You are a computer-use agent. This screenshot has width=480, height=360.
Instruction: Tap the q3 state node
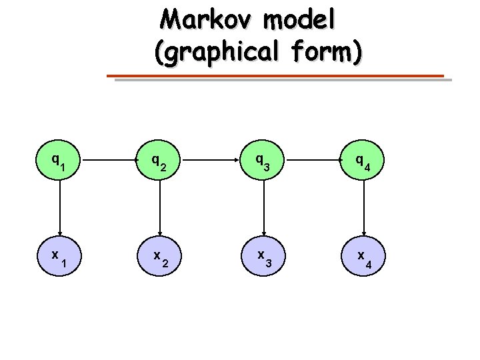tap(264, 161)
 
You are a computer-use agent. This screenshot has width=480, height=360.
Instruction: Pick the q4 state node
tap(364, 161)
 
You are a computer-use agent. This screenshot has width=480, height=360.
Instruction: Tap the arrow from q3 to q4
tap(314, 161)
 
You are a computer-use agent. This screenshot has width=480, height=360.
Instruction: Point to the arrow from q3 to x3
tap(264, 209)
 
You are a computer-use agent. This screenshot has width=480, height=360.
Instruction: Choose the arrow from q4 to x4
tap(364, 209)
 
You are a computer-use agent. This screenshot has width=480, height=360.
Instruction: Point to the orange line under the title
tap(277, 76)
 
